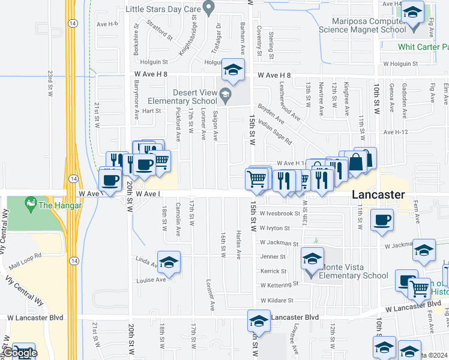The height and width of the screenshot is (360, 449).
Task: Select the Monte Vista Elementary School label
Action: tap(356, 271)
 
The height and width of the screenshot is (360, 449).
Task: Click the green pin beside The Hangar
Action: tap(30, 205)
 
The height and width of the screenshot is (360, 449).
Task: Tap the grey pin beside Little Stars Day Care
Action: tap(209, 8)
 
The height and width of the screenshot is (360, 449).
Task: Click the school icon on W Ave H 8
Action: tap(233, 69)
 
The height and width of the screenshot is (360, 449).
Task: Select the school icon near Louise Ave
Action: tap(169, 262)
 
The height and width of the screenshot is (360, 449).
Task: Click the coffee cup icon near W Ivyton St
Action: tap(382, 220)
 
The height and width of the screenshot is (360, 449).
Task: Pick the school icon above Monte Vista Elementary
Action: tap(312, 258)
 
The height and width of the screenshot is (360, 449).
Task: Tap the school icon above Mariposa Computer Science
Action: tap(413, 12)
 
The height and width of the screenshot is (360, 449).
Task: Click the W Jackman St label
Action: tap(279, 244)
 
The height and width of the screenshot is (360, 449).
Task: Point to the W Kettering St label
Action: tap(279, 283)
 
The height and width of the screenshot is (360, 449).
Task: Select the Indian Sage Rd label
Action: tap(276, 133)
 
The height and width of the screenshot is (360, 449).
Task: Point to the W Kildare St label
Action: tap(276, 300)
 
